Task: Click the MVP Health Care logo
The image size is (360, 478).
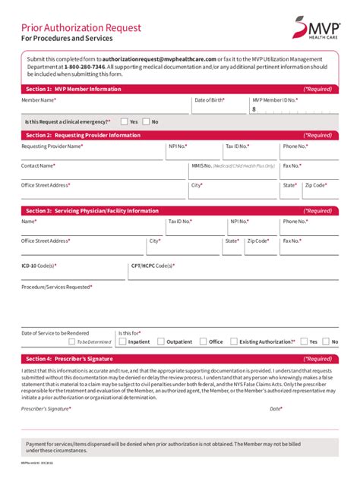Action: [315, 31]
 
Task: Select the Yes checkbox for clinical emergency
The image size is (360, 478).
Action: [124, 121]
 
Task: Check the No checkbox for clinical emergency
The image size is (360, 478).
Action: [146, 121]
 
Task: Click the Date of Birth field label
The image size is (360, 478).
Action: [210, 100]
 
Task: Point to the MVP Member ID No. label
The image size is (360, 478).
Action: [275, 100]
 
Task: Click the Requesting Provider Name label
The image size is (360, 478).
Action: [52, 146]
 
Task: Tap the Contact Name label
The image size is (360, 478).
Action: [38, 165]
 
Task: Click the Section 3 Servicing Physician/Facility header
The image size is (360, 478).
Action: [91, 211]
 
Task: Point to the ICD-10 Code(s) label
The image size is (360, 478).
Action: [39, 266]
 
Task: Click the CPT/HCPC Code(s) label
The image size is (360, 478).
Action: [152, 266]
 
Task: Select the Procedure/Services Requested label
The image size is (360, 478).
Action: [57, 287]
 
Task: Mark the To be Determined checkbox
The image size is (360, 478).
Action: [68, 342]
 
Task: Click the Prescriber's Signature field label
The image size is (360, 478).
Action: [46, 408]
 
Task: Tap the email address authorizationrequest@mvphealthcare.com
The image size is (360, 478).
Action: [159, 58]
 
